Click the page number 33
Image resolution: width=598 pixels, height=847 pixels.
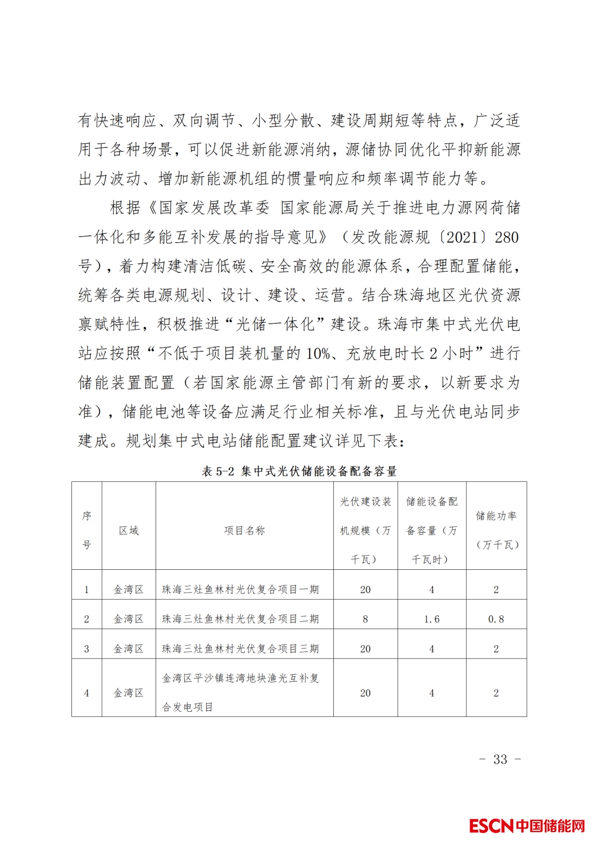click(x=500, y=759)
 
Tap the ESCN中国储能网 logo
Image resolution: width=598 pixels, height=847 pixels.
click(x=527, y=825)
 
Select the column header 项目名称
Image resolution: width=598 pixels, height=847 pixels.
click(x=244, y=530)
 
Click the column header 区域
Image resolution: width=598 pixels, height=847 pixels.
click(x=128, y=530)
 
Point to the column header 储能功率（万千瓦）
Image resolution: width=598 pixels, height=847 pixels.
click(x=496, y=530)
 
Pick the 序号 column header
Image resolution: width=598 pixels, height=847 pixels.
click(x=86, y=530)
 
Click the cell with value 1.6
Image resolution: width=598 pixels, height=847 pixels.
click(x=432, y=619)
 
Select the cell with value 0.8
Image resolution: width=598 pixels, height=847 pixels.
click(x=496, y=619)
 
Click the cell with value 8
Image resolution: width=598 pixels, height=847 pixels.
click(x=365, y=619)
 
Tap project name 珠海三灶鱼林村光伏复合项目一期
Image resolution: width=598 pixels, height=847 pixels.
click(x=240, y=590)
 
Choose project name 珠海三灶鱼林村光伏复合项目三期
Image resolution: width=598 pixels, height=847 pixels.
click(x=240, y=649)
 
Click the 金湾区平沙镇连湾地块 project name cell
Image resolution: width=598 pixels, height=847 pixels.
click(x=240, y=692)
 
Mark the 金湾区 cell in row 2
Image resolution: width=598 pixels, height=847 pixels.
click(x=128, y=619)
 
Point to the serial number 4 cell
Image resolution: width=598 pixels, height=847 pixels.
click(x=86, y=693)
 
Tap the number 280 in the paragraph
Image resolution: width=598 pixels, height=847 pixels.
click(x=507, y=237)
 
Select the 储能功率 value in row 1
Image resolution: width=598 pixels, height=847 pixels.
click(x=496, y=590)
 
